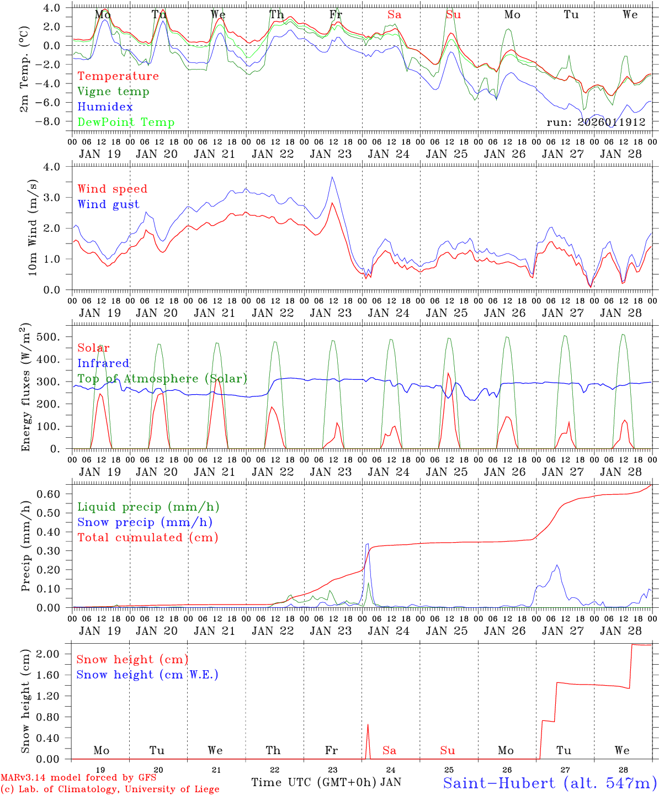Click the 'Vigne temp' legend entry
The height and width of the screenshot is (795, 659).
pyautogui.click(x=113, y=92)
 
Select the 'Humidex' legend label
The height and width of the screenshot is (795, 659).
pyautogui.click(x=105, y=107)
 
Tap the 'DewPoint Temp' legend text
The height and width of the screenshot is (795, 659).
pyautogui.click(x=126, y=123)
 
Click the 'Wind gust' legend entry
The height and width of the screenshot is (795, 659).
pyautogui.click(x=108, y=204)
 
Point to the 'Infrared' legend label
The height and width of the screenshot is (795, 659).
pyautogui.click(x=103, y=363)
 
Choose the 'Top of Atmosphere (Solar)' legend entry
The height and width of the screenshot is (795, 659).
pyautogui.click(x=162, y=379)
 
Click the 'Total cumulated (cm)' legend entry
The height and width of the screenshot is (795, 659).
pyautogui.click(x=147, y=537)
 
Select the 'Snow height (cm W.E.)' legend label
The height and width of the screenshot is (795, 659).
pyautogui.click(x=147, y=675)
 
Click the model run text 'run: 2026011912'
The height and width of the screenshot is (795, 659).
pyautogui.click(x=596, y=122)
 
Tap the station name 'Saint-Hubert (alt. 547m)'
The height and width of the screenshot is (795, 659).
pyautogui.click(x=550, y=782)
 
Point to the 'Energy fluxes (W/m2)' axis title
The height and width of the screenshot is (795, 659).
pyautogui.click(x=25, y=389)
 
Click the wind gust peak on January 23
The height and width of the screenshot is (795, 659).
pyautogui.click(x=332, y=177)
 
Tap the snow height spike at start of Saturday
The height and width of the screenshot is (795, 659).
pyautogui.click(x=368, y=725)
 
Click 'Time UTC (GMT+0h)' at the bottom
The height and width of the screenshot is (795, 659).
pyautogui.click(x=313, y=782)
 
